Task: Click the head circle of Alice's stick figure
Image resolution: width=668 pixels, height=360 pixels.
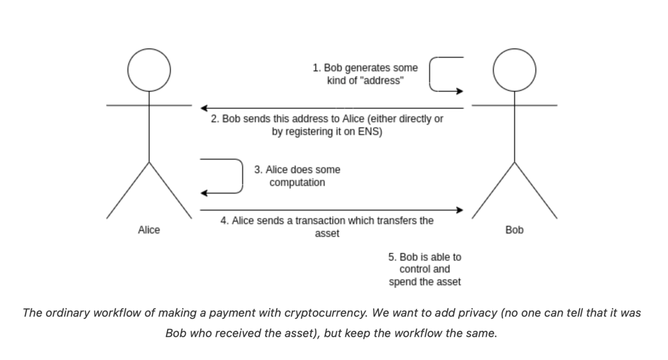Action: click(149, 70)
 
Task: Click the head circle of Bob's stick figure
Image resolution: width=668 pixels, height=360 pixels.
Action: click(515, 70)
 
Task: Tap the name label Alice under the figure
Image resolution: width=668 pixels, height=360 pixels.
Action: click(149, 230)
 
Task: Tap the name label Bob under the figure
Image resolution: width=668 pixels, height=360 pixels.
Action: click(514, 230)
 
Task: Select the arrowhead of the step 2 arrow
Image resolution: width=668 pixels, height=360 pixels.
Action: click(204, 107)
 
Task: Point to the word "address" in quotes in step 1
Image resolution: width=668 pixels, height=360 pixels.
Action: click(384, 80)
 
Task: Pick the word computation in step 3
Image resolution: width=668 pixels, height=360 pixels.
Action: click(297, 183)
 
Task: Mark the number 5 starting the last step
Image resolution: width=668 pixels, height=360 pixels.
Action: click(391, 257)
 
